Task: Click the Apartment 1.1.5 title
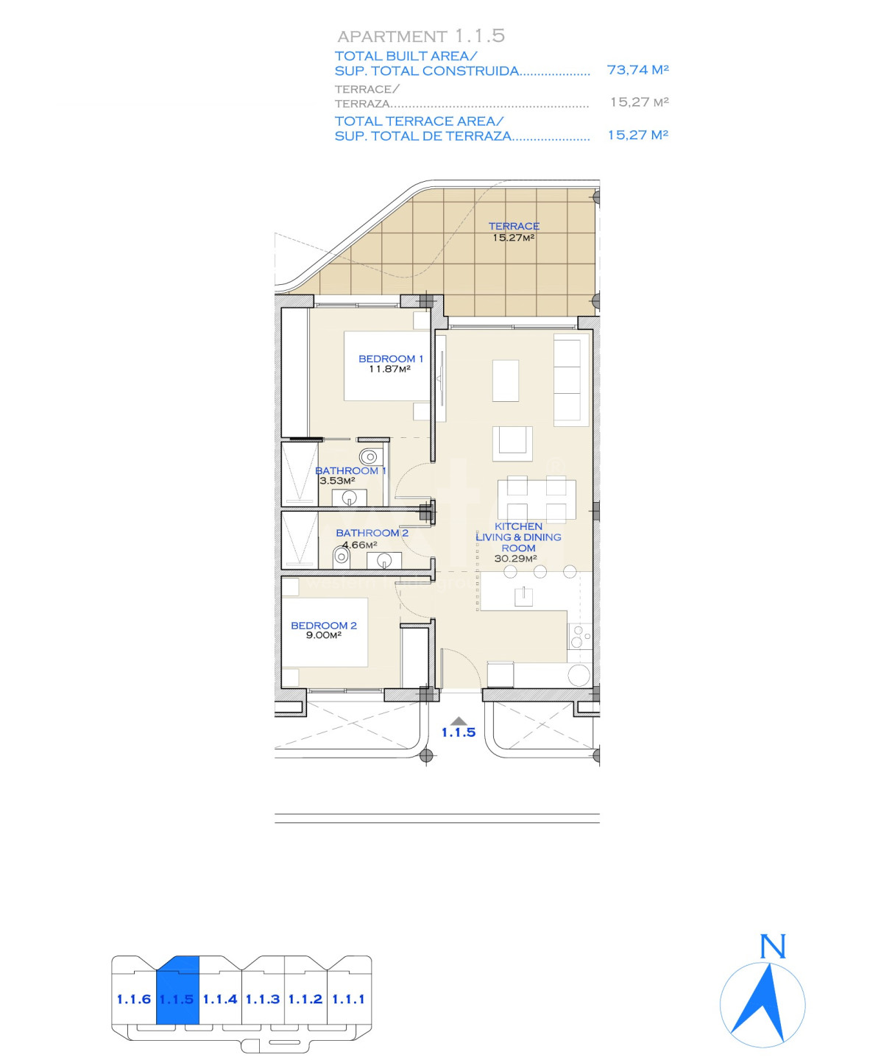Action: click(x=421, y=36)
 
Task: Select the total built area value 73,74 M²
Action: click(x=637, y=69)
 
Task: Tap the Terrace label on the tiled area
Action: click(x=514, y=226)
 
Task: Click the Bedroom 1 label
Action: click(x=391, y=359)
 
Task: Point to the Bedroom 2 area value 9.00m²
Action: click(x=324, y=635)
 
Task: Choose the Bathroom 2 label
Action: click(x=372, y=533)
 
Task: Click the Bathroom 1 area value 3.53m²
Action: click(x=337, y=481)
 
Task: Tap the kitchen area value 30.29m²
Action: click(x=515, y=559)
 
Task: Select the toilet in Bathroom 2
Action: click(x=342, y=557)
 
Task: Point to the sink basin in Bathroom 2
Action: click(x=384, y=560)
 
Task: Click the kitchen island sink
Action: click(x=523, y=596)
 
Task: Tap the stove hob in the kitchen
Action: click(x=579, y=636)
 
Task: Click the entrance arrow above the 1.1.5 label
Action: click(x=458, y=720)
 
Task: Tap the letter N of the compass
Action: click(x=772, y=947)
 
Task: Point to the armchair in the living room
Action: click(x=512, y=443)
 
